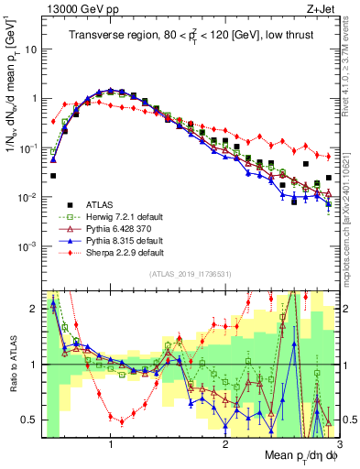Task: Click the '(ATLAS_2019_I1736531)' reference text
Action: point(191,275)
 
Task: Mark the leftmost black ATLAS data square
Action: point(53,175)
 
